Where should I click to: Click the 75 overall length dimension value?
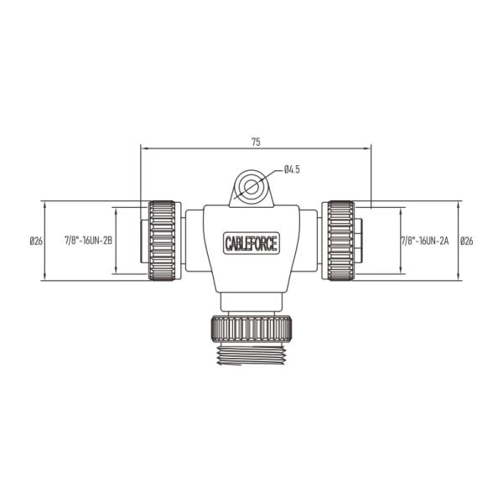click(256, 142)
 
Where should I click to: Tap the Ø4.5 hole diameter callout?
click(292, 169)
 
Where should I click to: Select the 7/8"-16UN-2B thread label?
click(89, 241)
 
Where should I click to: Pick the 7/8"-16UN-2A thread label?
click(425, 241)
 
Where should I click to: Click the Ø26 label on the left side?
click(36, 241)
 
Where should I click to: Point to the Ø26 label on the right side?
click(466, 241)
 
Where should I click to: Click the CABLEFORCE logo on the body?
click(251, 243)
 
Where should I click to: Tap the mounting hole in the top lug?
click(251, 186)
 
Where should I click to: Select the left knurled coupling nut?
click(162, 241)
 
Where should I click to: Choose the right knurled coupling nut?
click(341, 241)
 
